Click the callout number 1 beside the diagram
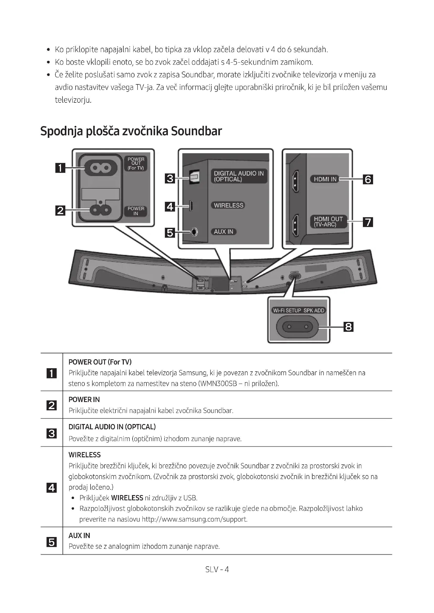pos(60,168)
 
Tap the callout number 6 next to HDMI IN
pos(368,180)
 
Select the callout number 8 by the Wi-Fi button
pos(348,327)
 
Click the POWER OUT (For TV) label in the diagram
pos(136,163)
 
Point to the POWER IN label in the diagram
pos(136,211)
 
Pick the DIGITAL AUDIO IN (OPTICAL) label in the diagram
pos(239,176)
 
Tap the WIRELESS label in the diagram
pos(229,205)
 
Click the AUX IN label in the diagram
pos(223,232)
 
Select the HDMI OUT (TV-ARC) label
pos(328,222)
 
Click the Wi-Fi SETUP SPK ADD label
pos(298,311)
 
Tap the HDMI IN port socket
pos(295,182)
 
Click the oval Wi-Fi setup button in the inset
pos(297,327)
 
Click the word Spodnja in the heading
pos(61,131)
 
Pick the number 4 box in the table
pos(52,488)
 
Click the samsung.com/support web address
pos(194,519)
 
